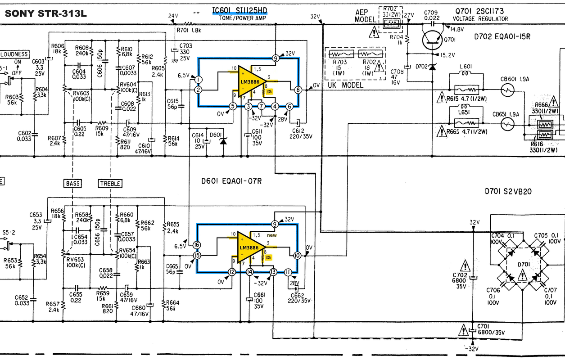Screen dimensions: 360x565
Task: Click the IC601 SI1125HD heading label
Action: point(240,11)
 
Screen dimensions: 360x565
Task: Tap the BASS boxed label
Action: point(73,184)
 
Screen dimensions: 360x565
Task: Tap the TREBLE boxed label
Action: point(110,184)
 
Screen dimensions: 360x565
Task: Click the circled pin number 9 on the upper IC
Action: point(276,58)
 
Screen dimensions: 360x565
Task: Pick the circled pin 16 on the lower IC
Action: point(197,245)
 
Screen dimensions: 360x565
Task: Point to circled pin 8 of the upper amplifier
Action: point(298,90)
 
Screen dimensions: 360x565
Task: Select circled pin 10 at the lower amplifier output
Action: point(297,255)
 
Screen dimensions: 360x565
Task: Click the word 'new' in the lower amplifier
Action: point(272,235)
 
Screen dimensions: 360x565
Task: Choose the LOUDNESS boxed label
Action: point(14,54)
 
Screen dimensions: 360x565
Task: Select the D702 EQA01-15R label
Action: point(502,36)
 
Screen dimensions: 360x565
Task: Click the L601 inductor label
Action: point(465,67)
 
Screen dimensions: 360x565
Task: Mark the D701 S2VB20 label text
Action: point(508,191)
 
